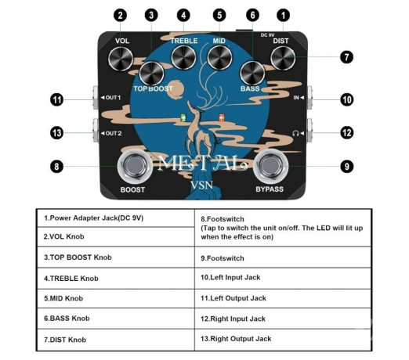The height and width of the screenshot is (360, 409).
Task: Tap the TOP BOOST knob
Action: point(152,74)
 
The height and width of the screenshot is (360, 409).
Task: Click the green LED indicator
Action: point(184,119)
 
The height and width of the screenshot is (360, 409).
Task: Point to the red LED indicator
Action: point(222,119)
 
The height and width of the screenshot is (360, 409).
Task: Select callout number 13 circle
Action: point(56,132)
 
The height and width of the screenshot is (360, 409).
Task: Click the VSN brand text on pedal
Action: point(204,189)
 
